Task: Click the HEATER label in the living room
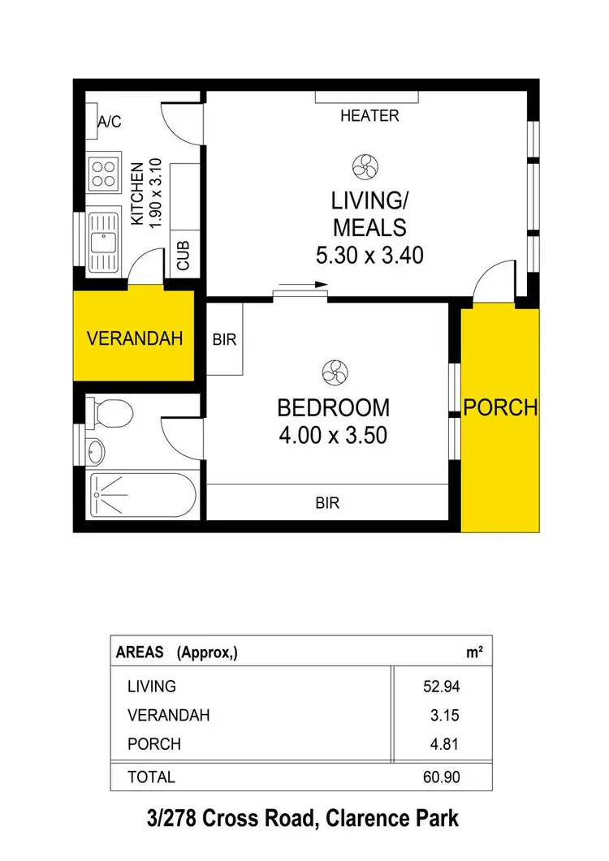(x=369, y=116)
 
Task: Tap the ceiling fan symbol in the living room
(x=364, y=168)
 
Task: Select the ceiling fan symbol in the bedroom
(x=332, y=372)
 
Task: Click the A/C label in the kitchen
(x=109, y=122)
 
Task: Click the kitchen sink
(x=102, y=242)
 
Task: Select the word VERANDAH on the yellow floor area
(x=134, y=338)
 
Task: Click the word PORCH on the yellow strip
(x=500, y=407)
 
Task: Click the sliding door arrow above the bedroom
(x=301, y=285)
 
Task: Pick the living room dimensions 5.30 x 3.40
(x=369, y=256)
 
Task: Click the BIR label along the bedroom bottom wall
(x=326, y=503)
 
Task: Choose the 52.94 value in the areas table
(x=443, y=687)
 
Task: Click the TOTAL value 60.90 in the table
(x=443, y=777)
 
